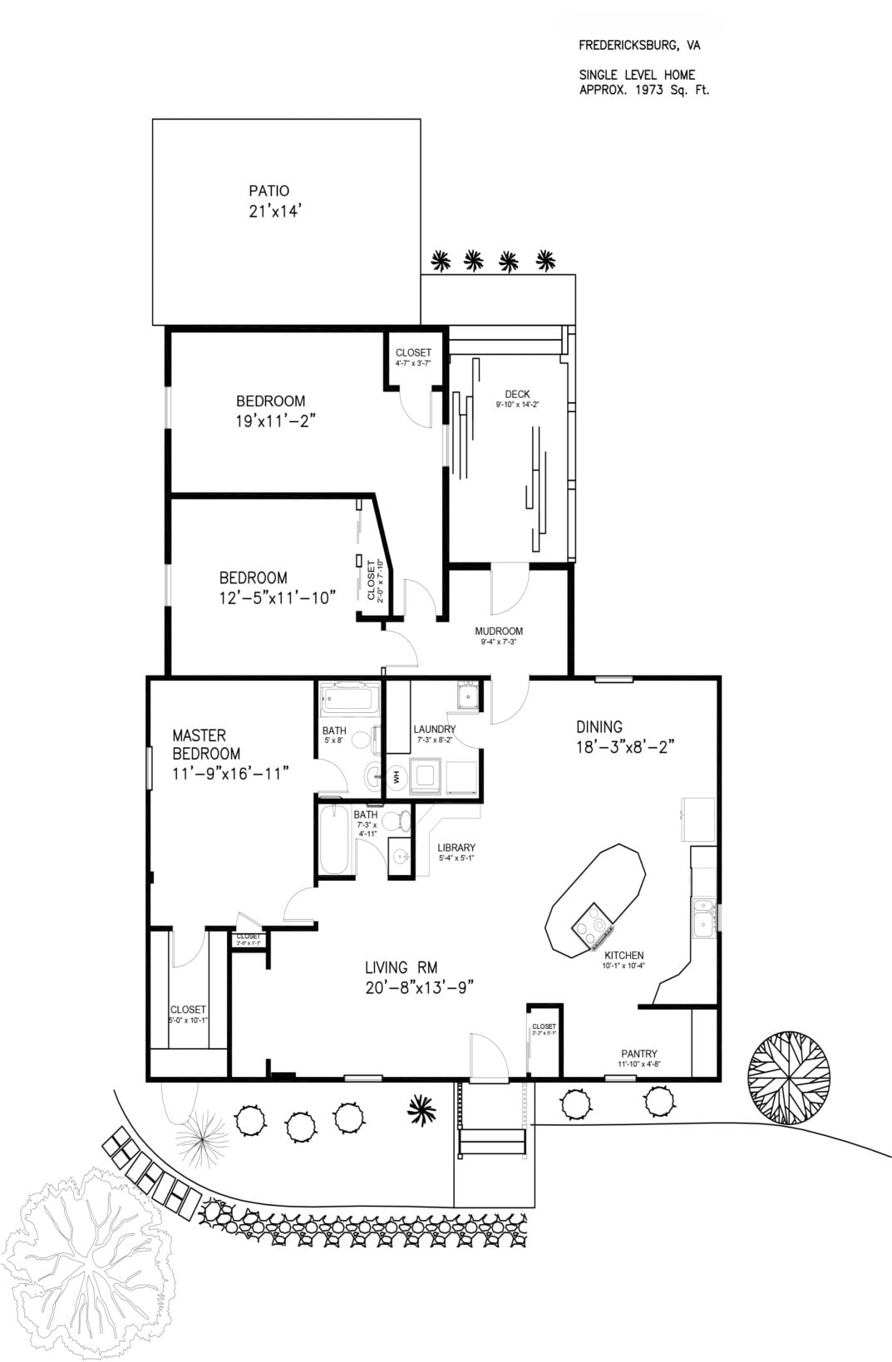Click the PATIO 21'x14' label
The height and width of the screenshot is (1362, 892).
point(269,202)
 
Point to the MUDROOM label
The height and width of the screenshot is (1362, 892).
point(499,632)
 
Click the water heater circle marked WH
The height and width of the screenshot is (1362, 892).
point(397,777)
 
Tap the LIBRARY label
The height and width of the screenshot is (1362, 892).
point(456,848)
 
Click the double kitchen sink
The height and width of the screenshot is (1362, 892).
point(703,917)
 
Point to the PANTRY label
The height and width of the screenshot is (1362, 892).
point(639,1054)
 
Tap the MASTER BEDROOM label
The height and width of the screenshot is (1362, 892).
point(205,745)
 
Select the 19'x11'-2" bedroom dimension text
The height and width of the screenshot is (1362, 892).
point(276,420)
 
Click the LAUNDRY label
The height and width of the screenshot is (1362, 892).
point(434,730)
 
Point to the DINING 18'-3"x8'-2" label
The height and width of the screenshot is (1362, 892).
point(623,736)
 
